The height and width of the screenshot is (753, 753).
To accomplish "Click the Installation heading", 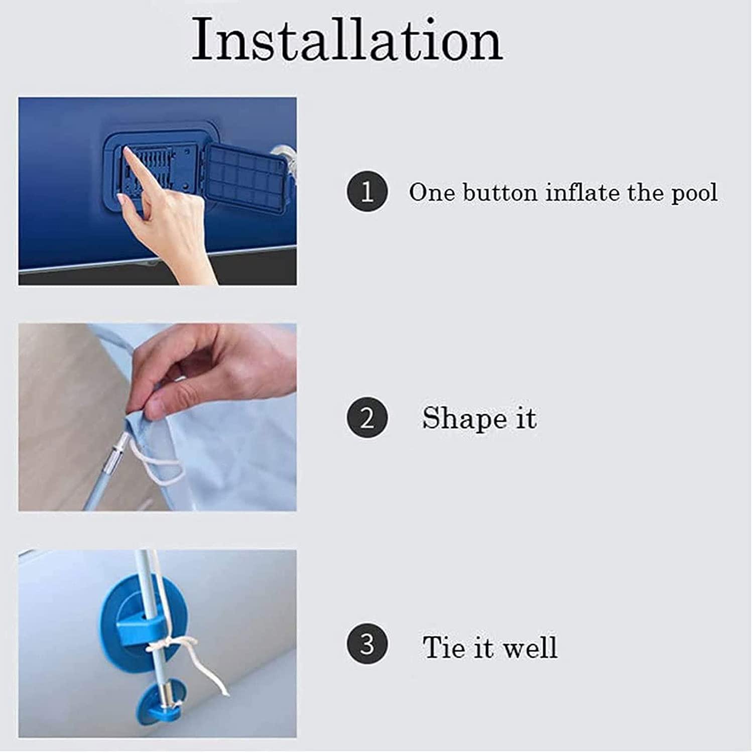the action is pos(347,40).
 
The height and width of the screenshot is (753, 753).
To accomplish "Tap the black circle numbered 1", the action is pos(367,192).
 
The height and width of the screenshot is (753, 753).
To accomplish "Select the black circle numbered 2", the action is pos(367,418).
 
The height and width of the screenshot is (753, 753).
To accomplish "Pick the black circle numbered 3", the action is pos(367,644).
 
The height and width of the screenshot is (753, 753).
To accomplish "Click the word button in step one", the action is pos(500,193).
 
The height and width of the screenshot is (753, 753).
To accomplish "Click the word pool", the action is pos(695,194).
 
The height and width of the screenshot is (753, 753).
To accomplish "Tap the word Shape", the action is pos(464,419).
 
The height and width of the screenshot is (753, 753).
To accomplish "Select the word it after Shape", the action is pos(526,419).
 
